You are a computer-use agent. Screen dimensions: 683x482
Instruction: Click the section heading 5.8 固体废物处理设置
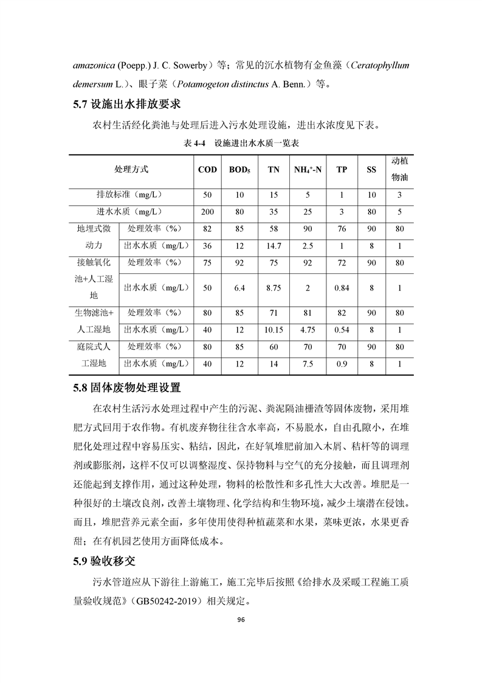point(126,387)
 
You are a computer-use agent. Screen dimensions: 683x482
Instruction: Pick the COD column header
point(208,169)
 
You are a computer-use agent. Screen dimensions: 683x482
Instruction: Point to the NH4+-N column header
point(308,169)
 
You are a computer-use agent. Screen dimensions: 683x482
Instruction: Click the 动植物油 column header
point(399,169)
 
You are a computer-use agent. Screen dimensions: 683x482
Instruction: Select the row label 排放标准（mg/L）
point(130,195)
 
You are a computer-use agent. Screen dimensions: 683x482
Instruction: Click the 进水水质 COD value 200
point(208,212)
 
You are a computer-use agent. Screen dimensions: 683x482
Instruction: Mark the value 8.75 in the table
point(274,288)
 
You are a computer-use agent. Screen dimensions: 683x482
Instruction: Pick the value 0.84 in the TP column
point(342,288)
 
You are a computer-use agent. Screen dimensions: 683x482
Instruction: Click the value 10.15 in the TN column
point(274,330)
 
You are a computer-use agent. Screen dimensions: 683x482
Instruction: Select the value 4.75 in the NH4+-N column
point(308,330)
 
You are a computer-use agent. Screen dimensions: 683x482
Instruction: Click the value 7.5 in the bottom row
point(308,364)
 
